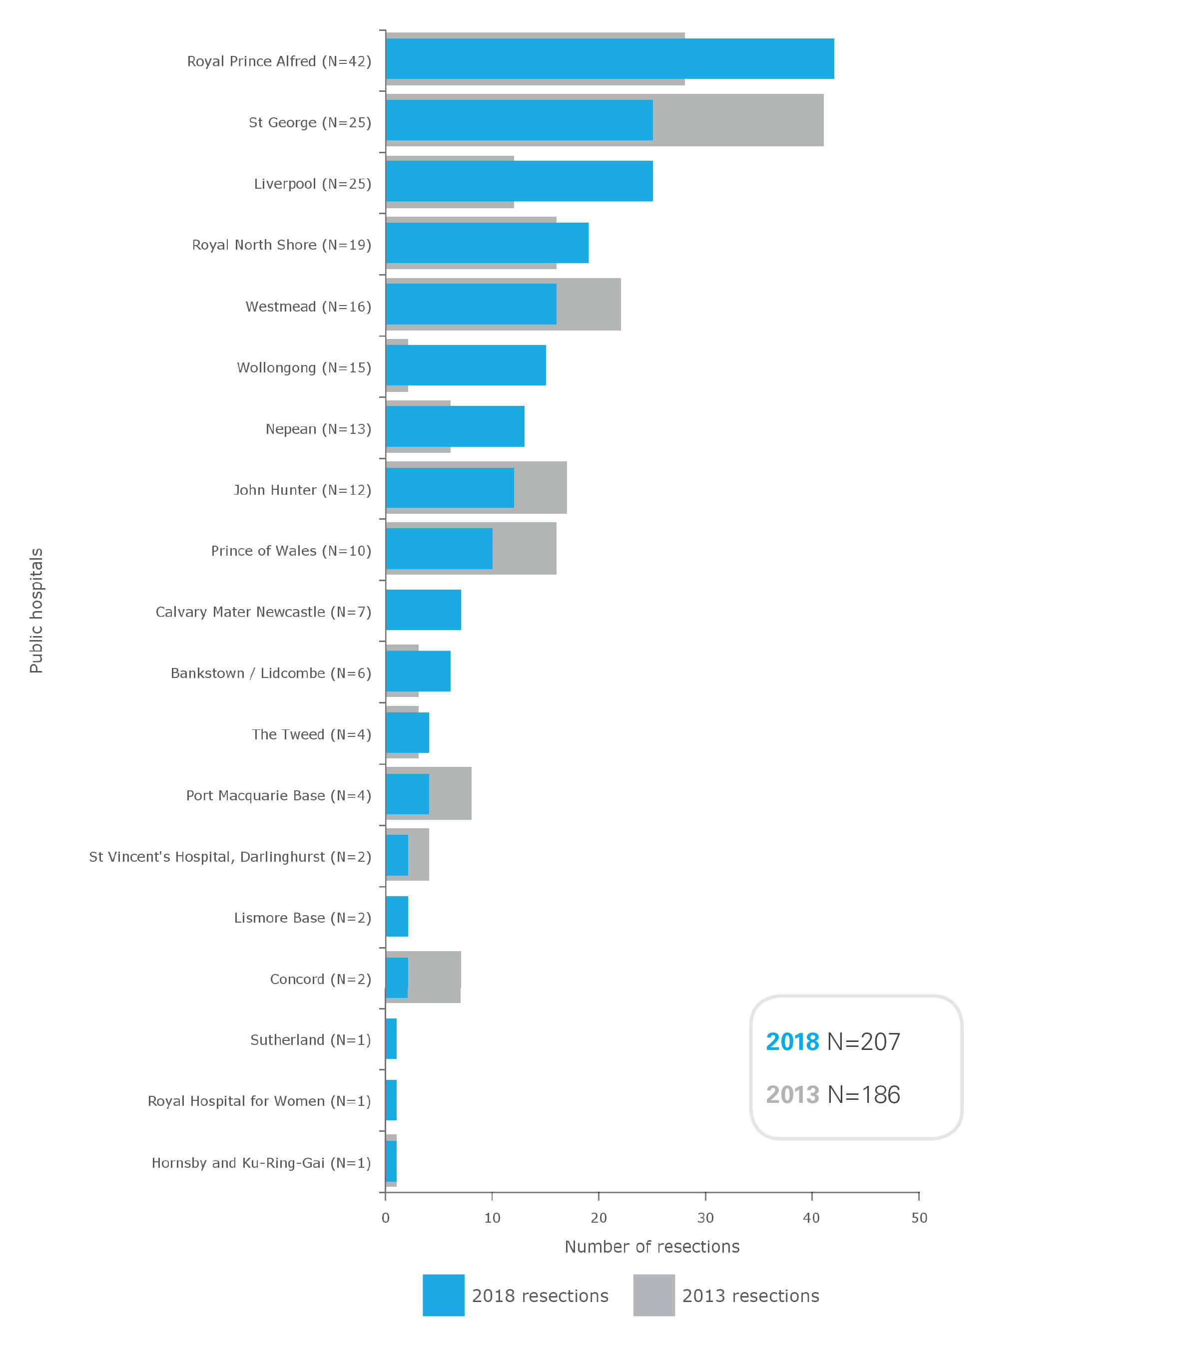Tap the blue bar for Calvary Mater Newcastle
[x=423, y=610]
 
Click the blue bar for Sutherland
[x=391, y=1038]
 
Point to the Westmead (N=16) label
[x=308, y=307]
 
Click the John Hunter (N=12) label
[x=302, y=490]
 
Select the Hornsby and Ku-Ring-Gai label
[x=261, y=1163]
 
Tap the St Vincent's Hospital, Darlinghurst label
[x=230, y=857]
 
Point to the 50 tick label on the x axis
[x=919, y=1218]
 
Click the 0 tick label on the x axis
[x=385, y=1218]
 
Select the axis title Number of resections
[x=651, y=1247]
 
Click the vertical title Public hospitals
[x=36, y=610]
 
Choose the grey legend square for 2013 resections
[x=653, y=1295]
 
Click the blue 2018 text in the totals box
[x=792, y=1042]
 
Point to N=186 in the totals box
[x=863, y=1095]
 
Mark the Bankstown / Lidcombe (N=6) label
[x=271, y=674]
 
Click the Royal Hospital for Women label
[x=259, y=1101]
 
